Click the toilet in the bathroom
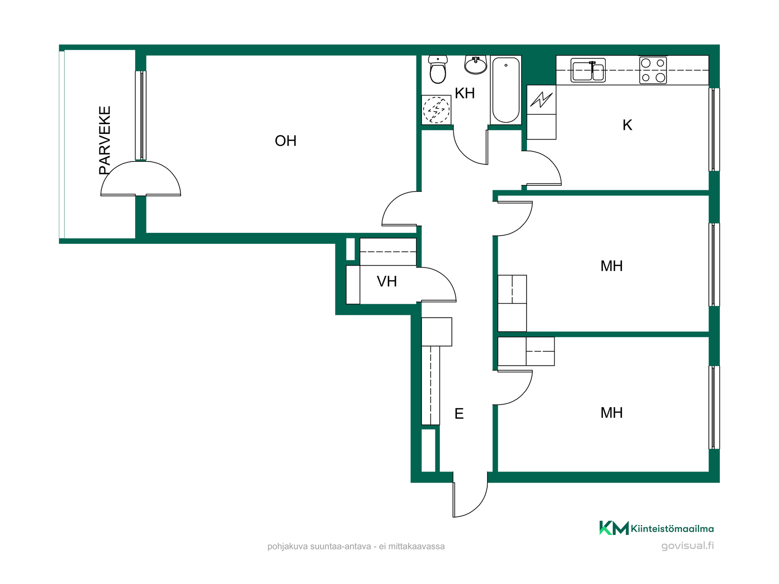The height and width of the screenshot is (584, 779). click(438, 69)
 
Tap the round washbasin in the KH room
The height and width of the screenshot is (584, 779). click(476, 65)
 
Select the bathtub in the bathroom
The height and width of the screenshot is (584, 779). click(506, 90)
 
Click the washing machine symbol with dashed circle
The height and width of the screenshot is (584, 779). click(436, 110)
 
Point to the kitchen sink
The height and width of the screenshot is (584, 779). click(588, 70)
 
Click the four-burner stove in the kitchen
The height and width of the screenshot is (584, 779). click(653, 70)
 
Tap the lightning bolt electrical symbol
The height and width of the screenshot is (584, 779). click(541, 100)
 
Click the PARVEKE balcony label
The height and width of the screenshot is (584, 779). click(105, 140)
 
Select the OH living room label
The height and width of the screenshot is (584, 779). click(286, 141)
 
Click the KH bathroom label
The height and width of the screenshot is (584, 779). click(465, 93)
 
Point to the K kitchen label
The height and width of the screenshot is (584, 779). click(627, 125)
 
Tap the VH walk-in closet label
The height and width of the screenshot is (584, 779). click(387, 281)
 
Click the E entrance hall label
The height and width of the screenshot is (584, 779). click(459, 414)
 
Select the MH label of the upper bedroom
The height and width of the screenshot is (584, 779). click(611, 266)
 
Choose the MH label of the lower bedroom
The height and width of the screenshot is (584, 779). click(611, 413)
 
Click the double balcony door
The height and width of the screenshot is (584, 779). click(141, 178)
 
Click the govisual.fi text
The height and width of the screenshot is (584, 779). click(687, 546)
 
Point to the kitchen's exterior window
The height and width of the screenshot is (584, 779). click(714, 129)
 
